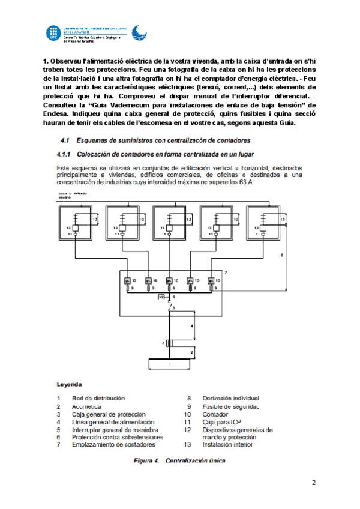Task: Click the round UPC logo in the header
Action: coord(52,34)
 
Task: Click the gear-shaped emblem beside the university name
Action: coord(137,34)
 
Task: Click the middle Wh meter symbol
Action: coord(169,281)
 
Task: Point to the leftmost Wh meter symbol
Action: coord(127,281)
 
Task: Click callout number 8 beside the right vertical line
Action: coord(283,256)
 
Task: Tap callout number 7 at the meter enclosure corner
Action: coord(225,274)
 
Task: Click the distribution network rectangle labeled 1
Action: coord(170,364)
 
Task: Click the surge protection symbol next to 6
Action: coord(161,297)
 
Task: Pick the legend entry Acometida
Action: coord(86,406)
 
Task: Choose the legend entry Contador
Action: coord(215,414)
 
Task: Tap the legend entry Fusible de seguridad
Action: coord(230,406)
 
